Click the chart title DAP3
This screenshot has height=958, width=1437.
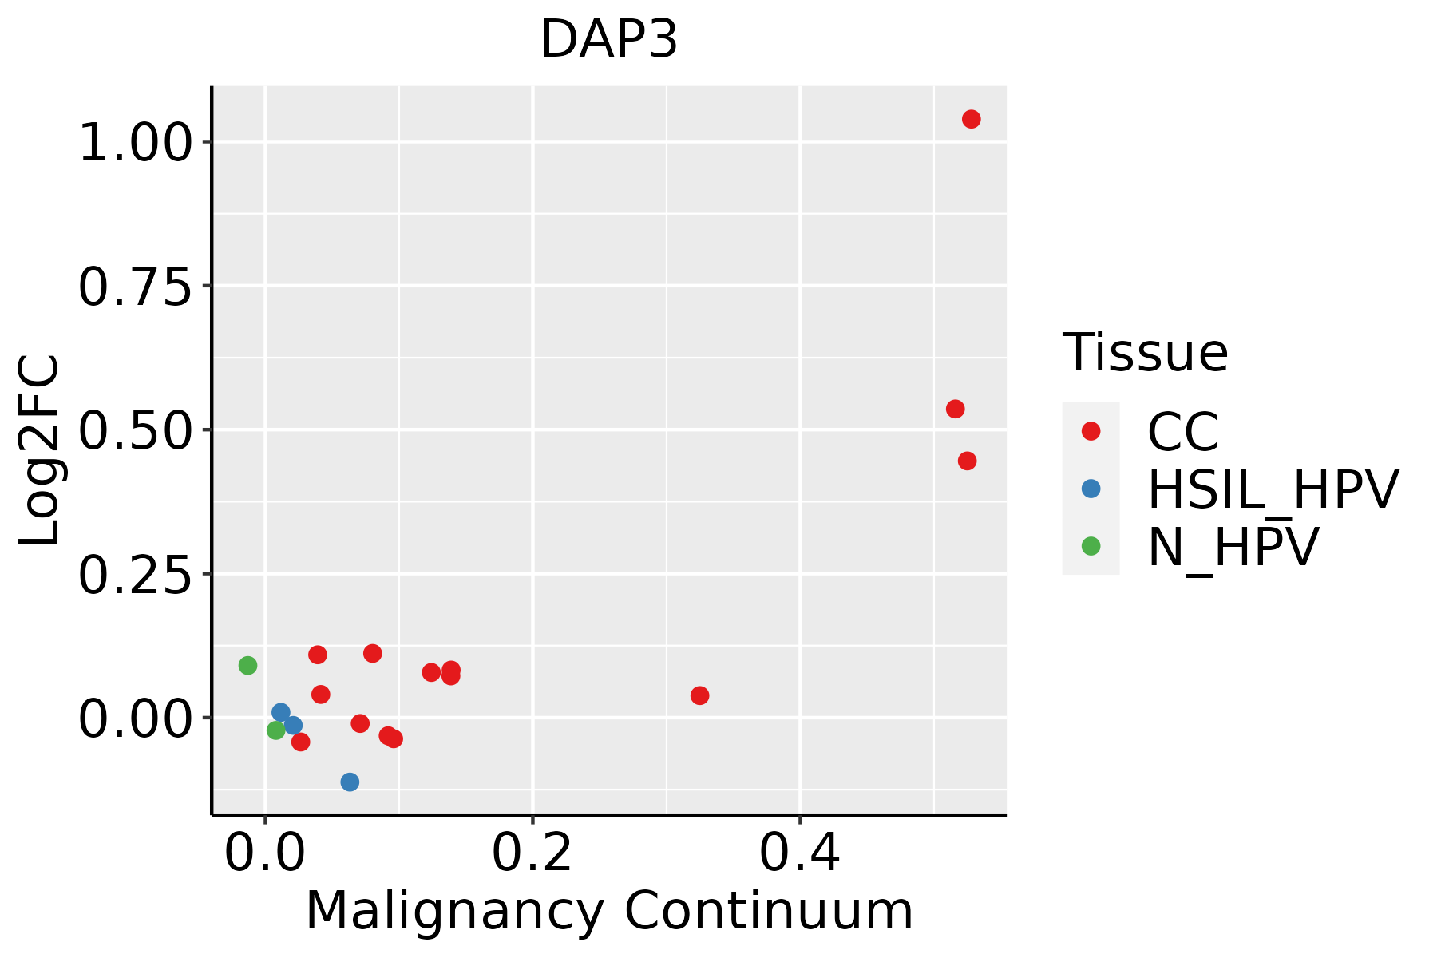[609, 40]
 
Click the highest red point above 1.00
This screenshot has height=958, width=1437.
[971, 119]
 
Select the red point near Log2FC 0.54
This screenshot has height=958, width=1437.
[955, 409]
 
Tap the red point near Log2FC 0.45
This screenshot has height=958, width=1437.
[967, 461]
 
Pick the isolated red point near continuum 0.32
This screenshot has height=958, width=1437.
[699, 695]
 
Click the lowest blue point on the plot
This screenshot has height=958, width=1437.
[350, 782]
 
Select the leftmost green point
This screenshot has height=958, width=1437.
[247, 665]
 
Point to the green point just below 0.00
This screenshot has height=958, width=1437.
[275, 730]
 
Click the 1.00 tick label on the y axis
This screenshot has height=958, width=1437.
[136, 144]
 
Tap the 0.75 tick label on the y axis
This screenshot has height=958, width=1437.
[136, 287]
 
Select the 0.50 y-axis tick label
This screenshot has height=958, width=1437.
[136, 431]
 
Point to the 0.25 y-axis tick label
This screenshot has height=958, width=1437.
[136, 576]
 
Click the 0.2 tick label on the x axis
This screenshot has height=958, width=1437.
[532, 853]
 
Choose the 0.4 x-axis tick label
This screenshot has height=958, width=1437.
[799, 853]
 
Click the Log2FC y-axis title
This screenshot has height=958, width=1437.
[40, 450]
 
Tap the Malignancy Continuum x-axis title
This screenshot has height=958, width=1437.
[609, 911]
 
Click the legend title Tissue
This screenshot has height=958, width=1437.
[1145, 352]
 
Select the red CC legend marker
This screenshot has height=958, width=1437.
[1091, 431]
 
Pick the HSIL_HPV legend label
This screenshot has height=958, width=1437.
[1273, 489]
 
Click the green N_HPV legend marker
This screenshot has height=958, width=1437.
[1091, 546]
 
